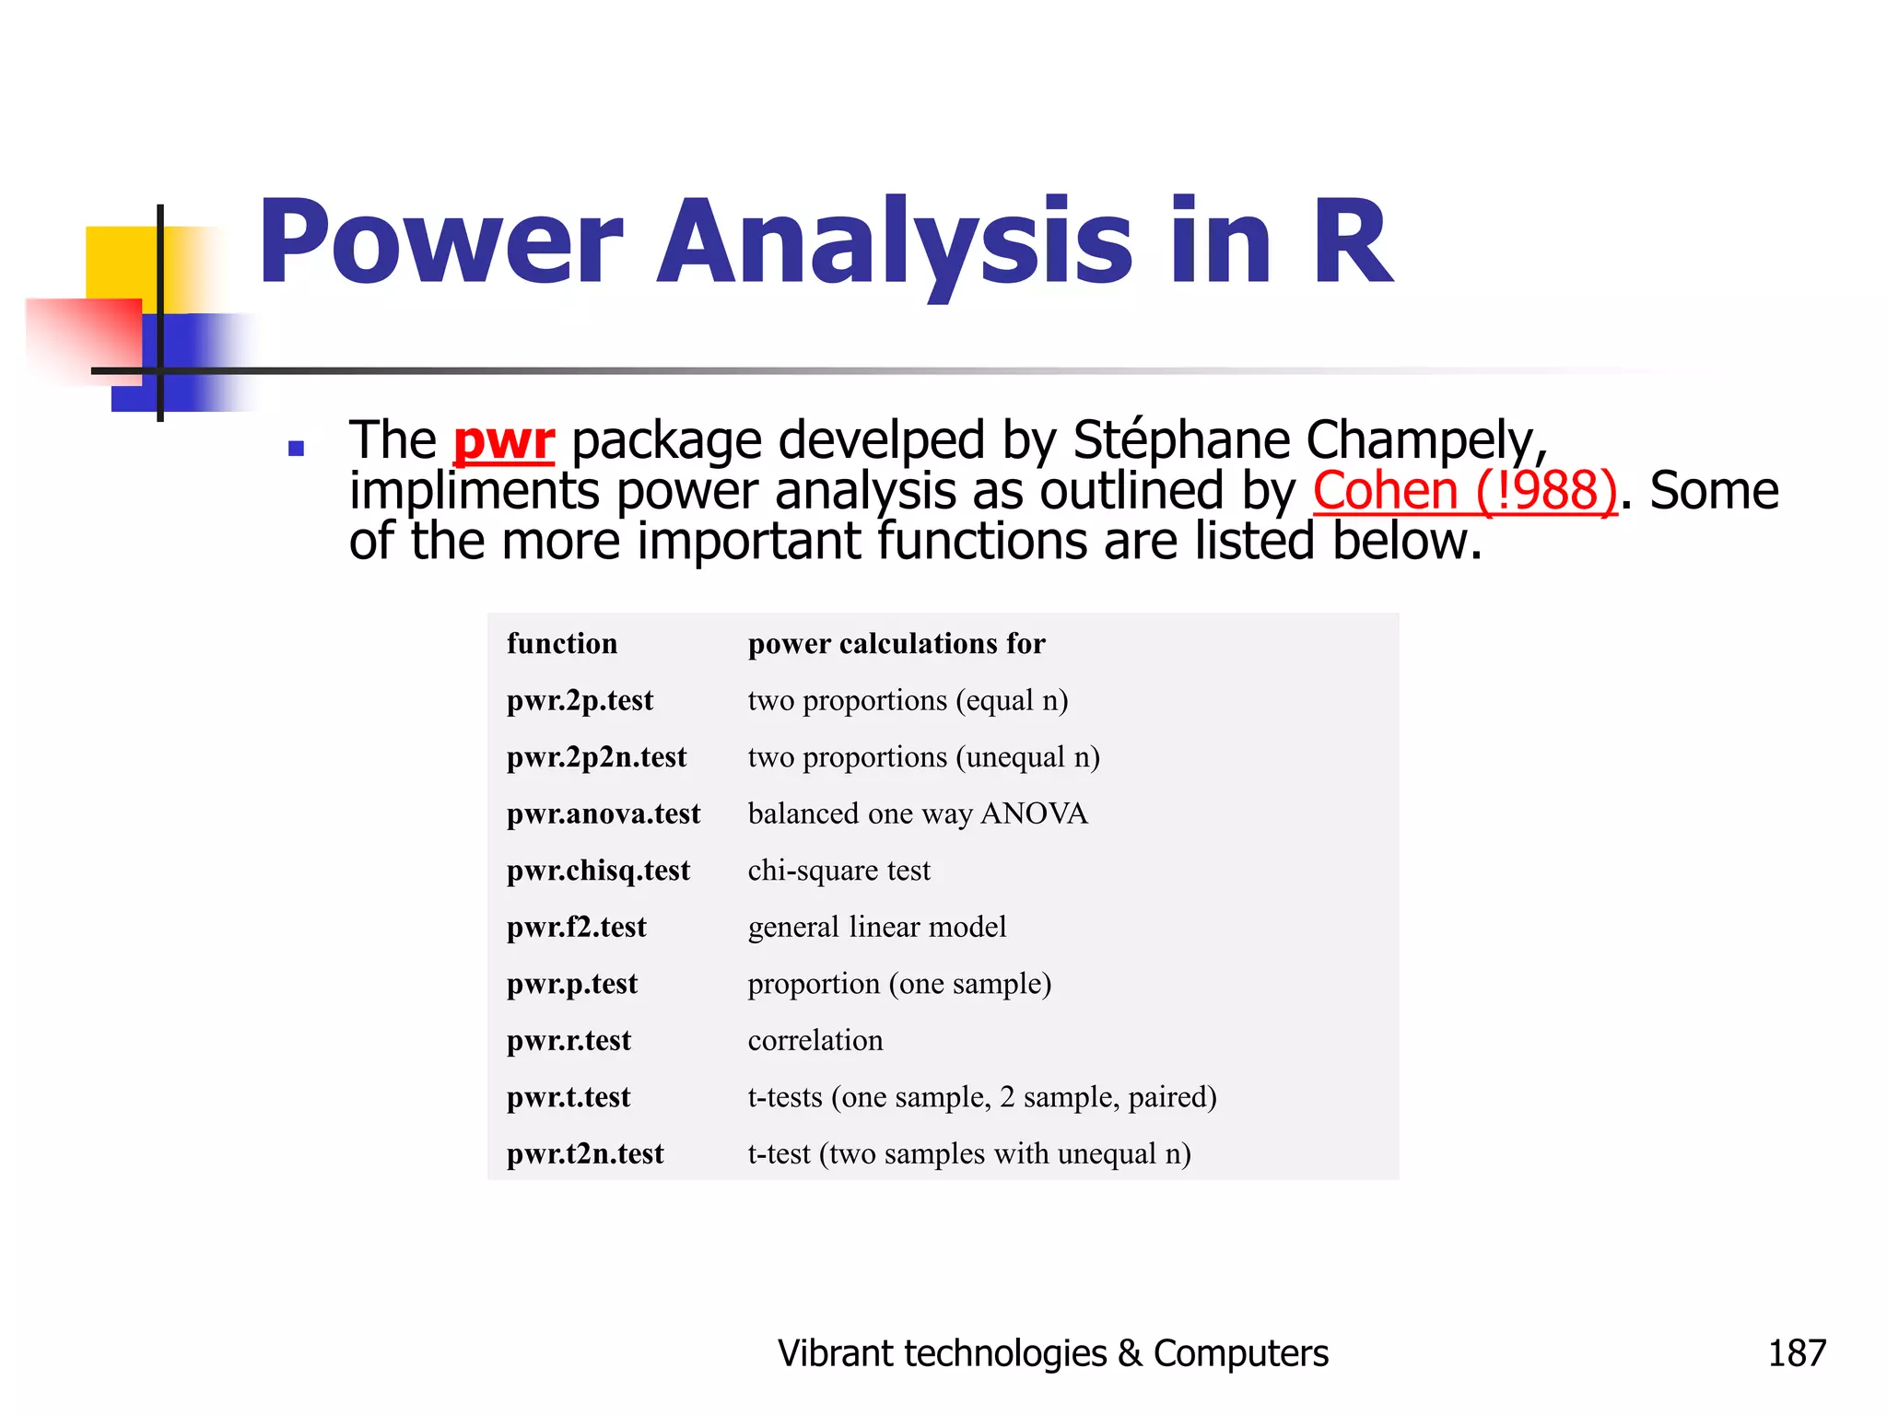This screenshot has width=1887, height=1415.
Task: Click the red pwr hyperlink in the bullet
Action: tap(504, 440)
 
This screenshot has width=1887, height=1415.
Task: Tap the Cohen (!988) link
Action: tap(1464, 490)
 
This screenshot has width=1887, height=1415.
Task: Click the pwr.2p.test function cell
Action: tap(580, 701)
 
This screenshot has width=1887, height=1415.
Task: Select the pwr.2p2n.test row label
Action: tap(596, 757)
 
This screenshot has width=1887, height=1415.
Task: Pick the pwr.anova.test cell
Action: tap(604, 814)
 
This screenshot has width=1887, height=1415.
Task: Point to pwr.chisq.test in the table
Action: tap(598, 871)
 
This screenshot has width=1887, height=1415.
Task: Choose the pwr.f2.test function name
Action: tap(576, 927)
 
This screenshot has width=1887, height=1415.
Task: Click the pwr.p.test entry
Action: tap(571, 984)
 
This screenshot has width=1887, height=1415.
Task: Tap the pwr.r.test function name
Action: tap(568, 1041)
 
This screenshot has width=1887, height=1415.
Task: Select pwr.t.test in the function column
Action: tap(568, 1097)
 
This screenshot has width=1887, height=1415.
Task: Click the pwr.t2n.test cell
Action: tap(585, 1154)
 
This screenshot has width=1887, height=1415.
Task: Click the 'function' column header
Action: tap(562, 644)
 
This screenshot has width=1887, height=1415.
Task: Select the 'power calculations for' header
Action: tap(897, 644)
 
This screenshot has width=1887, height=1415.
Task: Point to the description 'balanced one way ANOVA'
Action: tap(918, 814)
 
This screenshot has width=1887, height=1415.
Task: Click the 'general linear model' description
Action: tap(877, 927)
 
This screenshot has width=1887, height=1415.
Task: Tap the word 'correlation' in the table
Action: tap(815, 1041)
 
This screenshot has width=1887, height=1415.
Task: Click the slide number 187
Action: tap(1796, 1353)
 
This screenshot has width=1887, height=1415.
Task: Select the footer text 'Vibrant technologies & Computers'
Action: tap(1053, 1353)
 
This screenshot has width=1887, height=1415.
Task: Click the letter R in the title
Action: tap(1353, 241)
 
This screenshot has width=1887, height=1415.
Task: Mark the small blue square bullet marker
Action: tap(296, 449)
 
